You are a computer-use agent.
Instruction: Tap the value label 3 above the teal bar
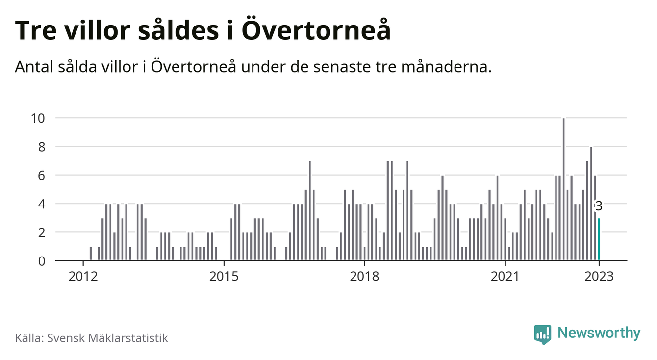pyautogui.click(x=599, y=206)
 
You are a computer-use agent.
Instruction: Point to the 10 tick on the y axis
pyautogui.click(x=38, y=118)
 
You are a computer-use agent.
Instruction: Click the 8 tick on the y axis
pyautogui.click(x=42, y=147)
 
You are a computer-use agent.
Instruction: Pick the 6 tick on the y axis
pyautogui.click(x=42, y=175)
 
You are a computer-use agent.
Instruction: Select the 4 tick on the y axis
pyautogui.click(x=42, y=204)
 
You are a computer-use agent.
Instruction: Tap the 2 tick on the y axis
pyautogui.click(x=42, y=232)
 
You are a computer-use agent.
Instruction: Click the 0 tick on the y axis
pyautogui.click(x=42, y=261)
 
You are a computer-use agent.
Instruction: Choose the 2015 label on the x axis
pyautogui.click(x=224, y=277)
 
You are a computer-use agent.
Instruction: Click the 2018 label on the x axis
pyautogui.click(x=364, y=277)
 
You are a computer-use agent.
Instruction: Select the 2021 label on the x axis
pyautogui.click(x=505, y=277)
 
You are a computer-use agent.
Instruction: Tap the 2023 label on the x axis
pyautogui.click(x=599, y=277)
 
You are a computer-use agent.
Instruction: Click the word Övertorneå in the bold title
pyautogui.click(x=317, y=30)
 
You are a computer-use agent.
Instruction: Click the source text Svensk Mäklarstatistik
pyautogui.click(x=107, y=338)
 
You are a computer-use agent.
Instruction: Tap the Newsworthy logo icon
pyautogui.click(x=542, y=334)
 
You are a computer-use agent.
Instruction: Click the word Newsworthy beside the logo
pyautogui.click(x=599, y=334)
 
